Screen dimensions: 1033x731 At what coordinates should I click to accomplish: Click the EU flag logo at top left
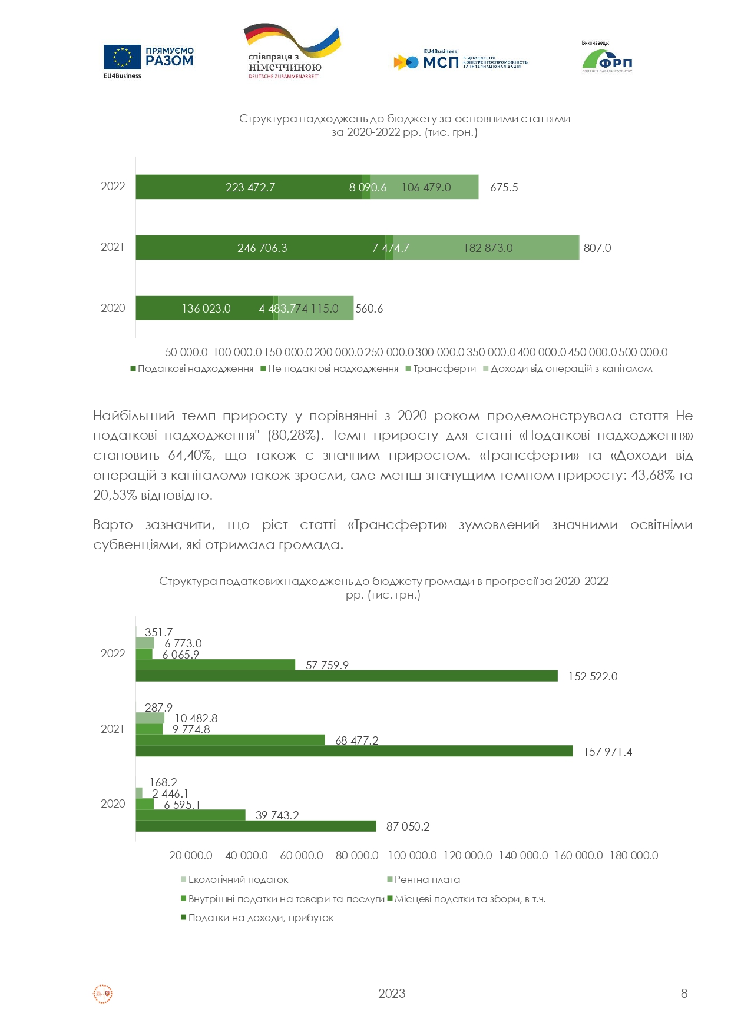(x=123, y=57)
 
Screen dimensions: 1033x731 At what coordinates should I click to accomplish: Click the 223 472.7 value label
(x=250, y=188)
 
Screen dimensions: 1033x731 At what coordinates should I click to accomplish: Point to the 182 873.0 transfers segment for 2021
(x=487, y=248)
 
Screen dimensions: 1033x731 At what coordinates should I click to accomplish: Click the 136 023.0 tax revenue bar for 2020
(x=206, y=308)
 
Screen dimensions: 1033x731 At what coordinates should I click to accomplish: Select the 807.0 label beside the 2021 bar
(x=597, y=248)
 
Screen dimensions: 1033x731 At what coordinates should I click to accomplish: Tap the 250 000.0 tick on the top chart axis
(x=389, y=353)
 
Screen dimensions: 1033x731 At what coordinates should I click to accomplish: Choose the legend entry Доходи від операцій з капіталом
(x=571, y=369)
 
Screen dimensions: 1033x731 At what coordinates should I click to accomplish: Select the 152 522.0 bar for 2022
(x=346, y=676)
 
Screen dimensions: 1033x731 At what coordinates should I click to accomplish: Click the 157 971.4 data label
(x=607, y=752)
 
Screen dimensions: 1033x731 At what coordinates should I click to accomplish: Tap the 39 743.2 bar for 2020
(x=190, y=815)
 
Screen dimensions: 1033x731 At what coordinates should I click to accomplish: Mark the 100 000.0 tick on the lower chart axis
(x=412, y=855)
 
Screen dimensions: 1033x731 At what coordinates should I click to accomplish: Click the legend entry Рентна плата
(x=427, y=879)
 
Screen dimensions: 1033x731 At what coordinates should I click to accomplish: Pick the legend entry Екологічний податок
(x=238, y=879)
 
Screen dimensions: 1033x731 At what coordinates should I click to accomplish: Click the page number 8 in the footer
(x=684, y=994)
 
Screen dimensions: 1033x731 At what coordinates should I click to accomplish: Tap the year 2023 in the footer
(x=392, y=994)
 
